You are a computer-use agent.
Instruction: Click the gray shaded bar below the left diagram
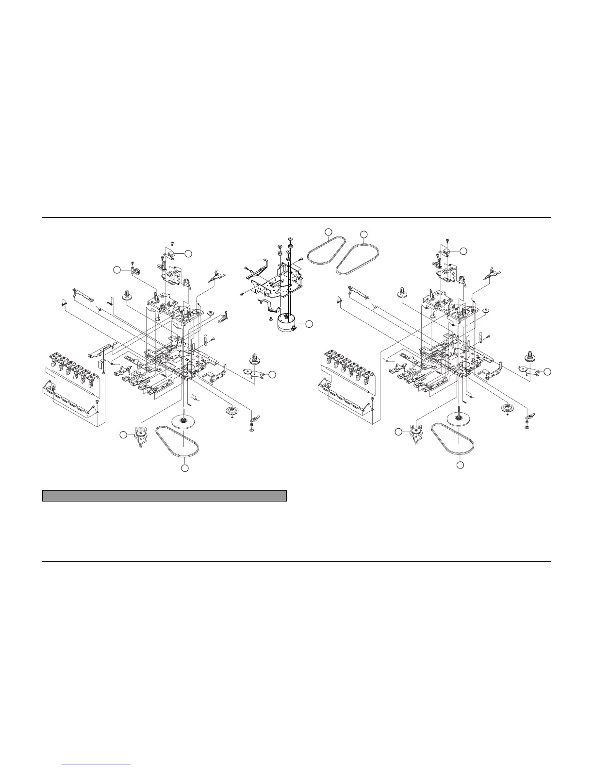(x=165, y=496)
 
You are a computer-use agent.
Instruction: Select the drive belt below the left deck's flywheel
(x=177, y=441)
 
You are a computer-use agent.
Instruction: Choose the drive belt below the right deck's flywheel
(x=452, y=439)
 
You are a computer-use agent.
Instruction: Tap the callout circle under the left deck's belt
(x=184, y=468)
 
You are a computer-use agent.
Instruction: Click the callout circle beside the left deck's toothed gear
(x=272, y=374)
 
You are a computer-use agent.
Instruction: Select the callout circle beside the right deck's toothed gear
(x=548, y=371)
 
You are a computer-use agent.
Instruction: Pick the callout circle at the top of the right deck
(x=463, y=251)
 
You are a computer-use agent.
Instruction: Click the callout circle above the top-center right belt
(x=364, y=234)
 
